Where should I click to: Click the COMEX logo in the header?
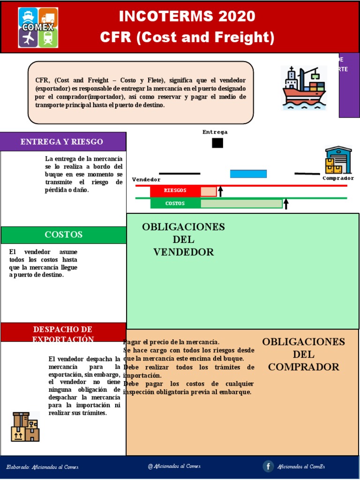coord(38,27)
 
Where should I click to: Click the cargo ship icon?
coord(303,88)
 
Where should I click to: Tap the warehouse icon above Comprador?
coord(338,160)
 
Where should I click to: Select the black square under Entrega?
coord(217,143)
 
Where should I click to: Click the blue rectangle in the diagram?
coord(248,174)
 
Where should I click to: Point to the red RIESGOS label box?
coord(175,191)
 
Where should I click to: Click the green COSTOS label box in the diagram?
coord(175,203)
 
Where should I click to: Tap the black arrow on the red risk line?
coord(221,191)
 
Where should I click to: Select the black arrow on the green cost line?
coord(286,203)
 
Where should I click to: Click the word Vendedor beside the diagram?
coord(146,180)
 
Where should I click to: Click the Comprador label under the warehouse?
coord(338,178)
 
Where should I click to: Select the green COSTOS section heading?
coord(63,235)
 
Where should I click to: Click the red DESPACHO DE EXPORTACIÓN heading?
coord(63,334)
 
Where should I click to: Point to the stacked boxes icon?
coord(25,427)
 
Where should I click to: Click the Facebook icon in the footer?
coord(268,466)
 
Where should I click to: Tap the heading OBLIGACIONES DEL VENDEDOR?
coord(183,240)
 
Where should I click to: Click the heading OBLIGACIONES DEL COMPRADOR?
coord(303,354)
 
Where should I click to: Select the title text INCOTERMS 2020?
coord(187,17)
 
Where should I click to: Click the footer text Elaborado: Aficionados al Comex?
coord(42,467)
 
